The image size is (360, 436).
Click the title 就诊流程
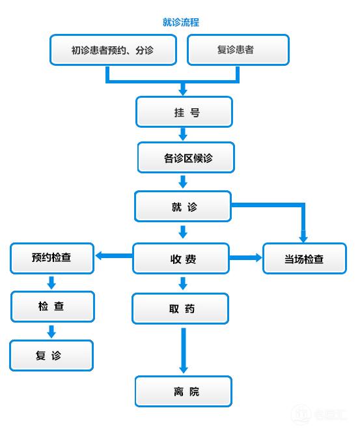coord(180,22)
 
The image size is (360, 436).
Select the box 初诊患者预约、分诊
coord(113,50)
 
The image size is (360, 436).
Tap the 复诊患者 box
coord(238,50)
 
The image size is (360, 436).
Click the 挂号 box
coord(184,112)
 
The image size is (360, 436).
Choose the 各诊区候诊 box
coord(186,158)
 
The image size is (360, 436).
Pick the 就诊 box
coord(183,207)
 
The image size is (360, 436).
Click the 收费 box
coord(181,259)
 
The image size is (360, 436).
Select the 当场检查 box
coord(303,259)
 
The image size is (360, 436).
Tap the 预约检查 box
coord(52,257)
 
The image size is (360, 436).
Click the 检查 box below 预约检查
coord(52,306)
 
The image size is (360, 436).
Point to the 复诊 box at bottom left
coord(51,356)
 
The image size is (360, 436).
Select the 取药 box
coord(180,309)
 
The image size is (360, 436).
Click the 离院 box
coord(184,392)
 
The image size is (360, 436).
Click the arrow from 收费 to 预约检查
coord(114,257)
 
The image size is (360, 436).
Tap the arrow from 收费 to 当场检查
coord(245,258)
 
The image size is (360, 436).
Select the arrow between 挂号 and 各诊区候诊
coord(184,134)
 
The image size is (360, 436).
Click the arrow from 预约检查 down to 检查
coord(52,282)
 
